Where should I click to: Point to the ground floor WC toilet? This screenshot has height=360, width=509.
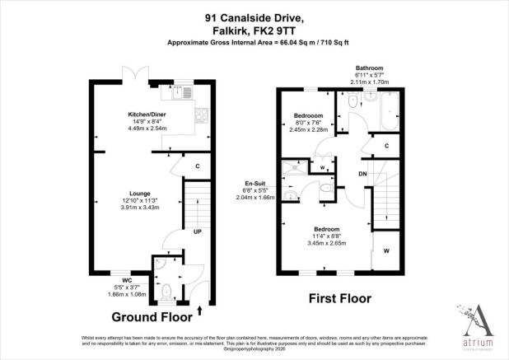click(x=167, y=290)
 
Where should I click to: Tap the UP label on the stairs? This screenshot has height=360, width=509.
click(x=197, y=231)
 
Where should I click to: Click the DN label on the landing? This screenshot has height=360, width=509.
click(x=362, y=174)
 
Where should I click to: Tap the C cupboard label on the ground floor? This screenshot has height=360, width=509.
click(x=198, y=166)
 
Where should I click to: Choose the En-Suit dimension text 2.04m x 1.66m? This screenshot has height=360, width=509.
click(x=254, y=198)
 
